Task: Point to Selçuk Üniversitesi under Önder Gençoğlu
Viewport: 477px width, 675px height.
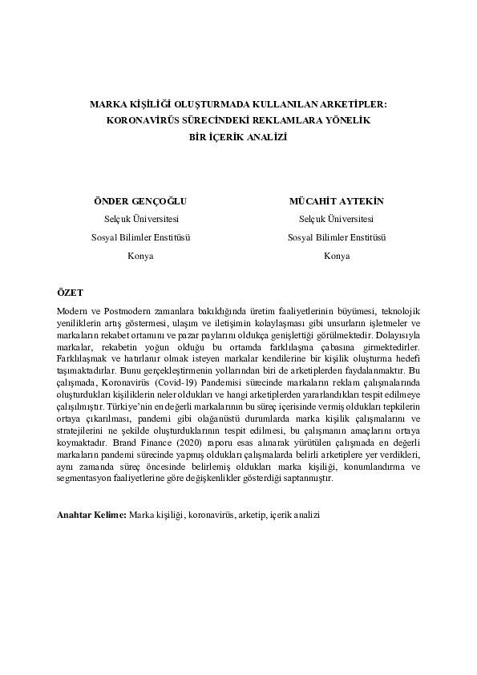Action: tap(141, 219)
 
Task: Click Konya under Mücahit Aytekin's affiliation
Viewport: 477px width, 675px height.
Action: tap(336, 256)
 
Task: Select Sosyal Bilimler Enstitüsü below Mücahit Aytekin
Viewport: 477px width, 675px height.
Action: tap(336, 237)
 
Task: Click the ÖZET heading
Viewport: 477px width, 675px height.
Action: tap(71, 295)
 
